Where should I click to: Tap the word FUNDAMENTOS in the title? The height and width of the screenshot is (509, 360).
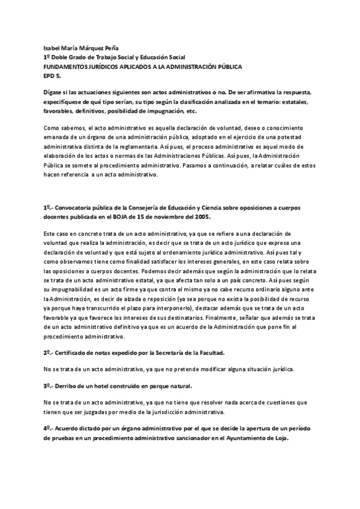(66, 67)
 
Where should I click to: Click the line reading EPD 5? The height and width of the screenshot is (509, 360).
(52, 77)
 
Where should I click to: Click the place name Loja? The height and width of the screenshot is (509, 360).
(280, 438)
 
